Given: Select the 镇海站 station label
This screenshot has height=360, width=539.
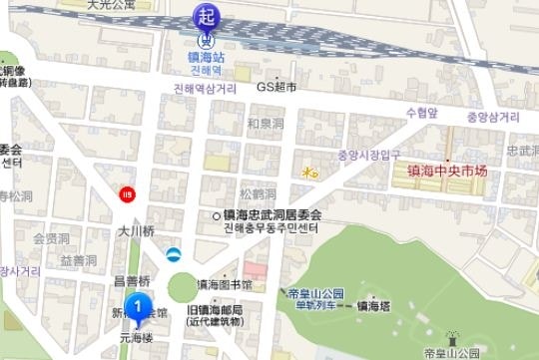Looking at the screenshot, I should (x=208, y=58).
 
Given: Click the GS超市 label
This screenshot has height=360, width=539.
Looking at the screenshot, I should (x=277, y=88).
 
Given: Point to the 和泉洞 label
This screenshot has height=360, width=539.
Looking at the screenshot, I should (x=267, y=124).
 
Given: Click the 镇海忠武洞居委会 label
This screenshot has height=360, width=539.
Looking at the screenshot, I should (x=272, y=214).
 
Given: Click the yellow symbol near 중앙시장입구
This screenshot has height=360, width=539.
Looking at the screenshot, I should (x=310, y=173).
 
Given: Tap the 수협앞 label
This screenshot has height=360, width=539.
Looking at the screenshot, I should (x=421, y=114).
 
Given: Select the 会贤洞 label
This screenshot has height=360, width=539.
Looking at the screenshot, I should (x=51, y=239).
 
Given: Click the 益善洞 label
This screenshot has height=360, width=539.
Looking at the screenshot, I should (x=77, y=260).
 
